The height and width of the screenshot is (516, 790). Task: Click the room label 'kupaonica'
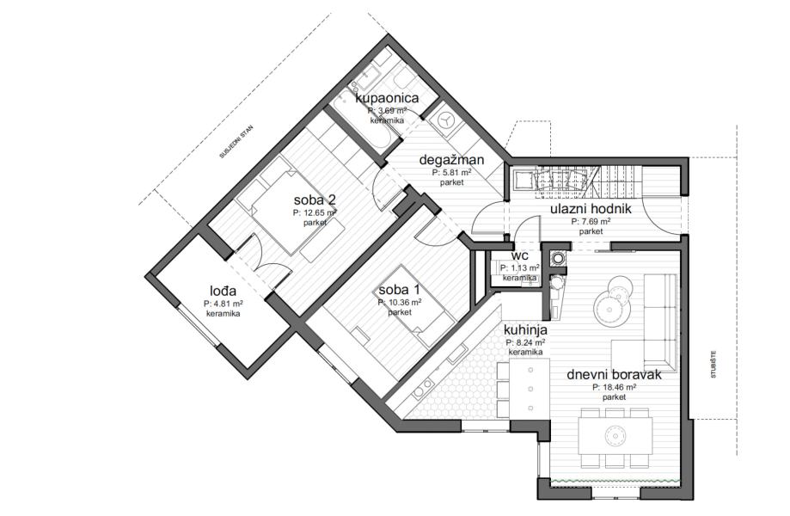click(387, 98)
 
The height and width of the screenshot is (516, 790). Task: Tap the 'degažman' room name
click(451, 160)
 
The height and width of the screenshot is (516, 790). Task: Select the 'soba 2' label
click(315, 200)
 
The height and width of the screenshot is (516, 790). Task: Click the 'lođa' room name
click(223, 291)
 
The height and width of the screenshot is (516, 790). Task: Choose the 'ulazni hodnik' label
click(591, 209)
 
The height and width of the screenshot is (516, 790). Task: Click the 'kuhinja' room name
click(525, 330)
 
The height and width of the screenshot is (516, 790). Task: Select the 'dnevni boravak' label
click(614, 375)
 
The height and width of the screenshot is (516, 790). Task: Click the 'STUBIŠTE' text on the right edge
click(713, 365)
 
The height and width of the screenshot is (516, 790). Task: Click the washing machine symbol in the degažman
click(446, 121)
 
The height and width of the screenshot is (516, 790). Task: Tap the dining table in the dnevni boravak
click(614, 433)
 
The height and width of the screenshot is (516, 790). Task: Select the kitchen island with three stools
click(528, 389)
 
